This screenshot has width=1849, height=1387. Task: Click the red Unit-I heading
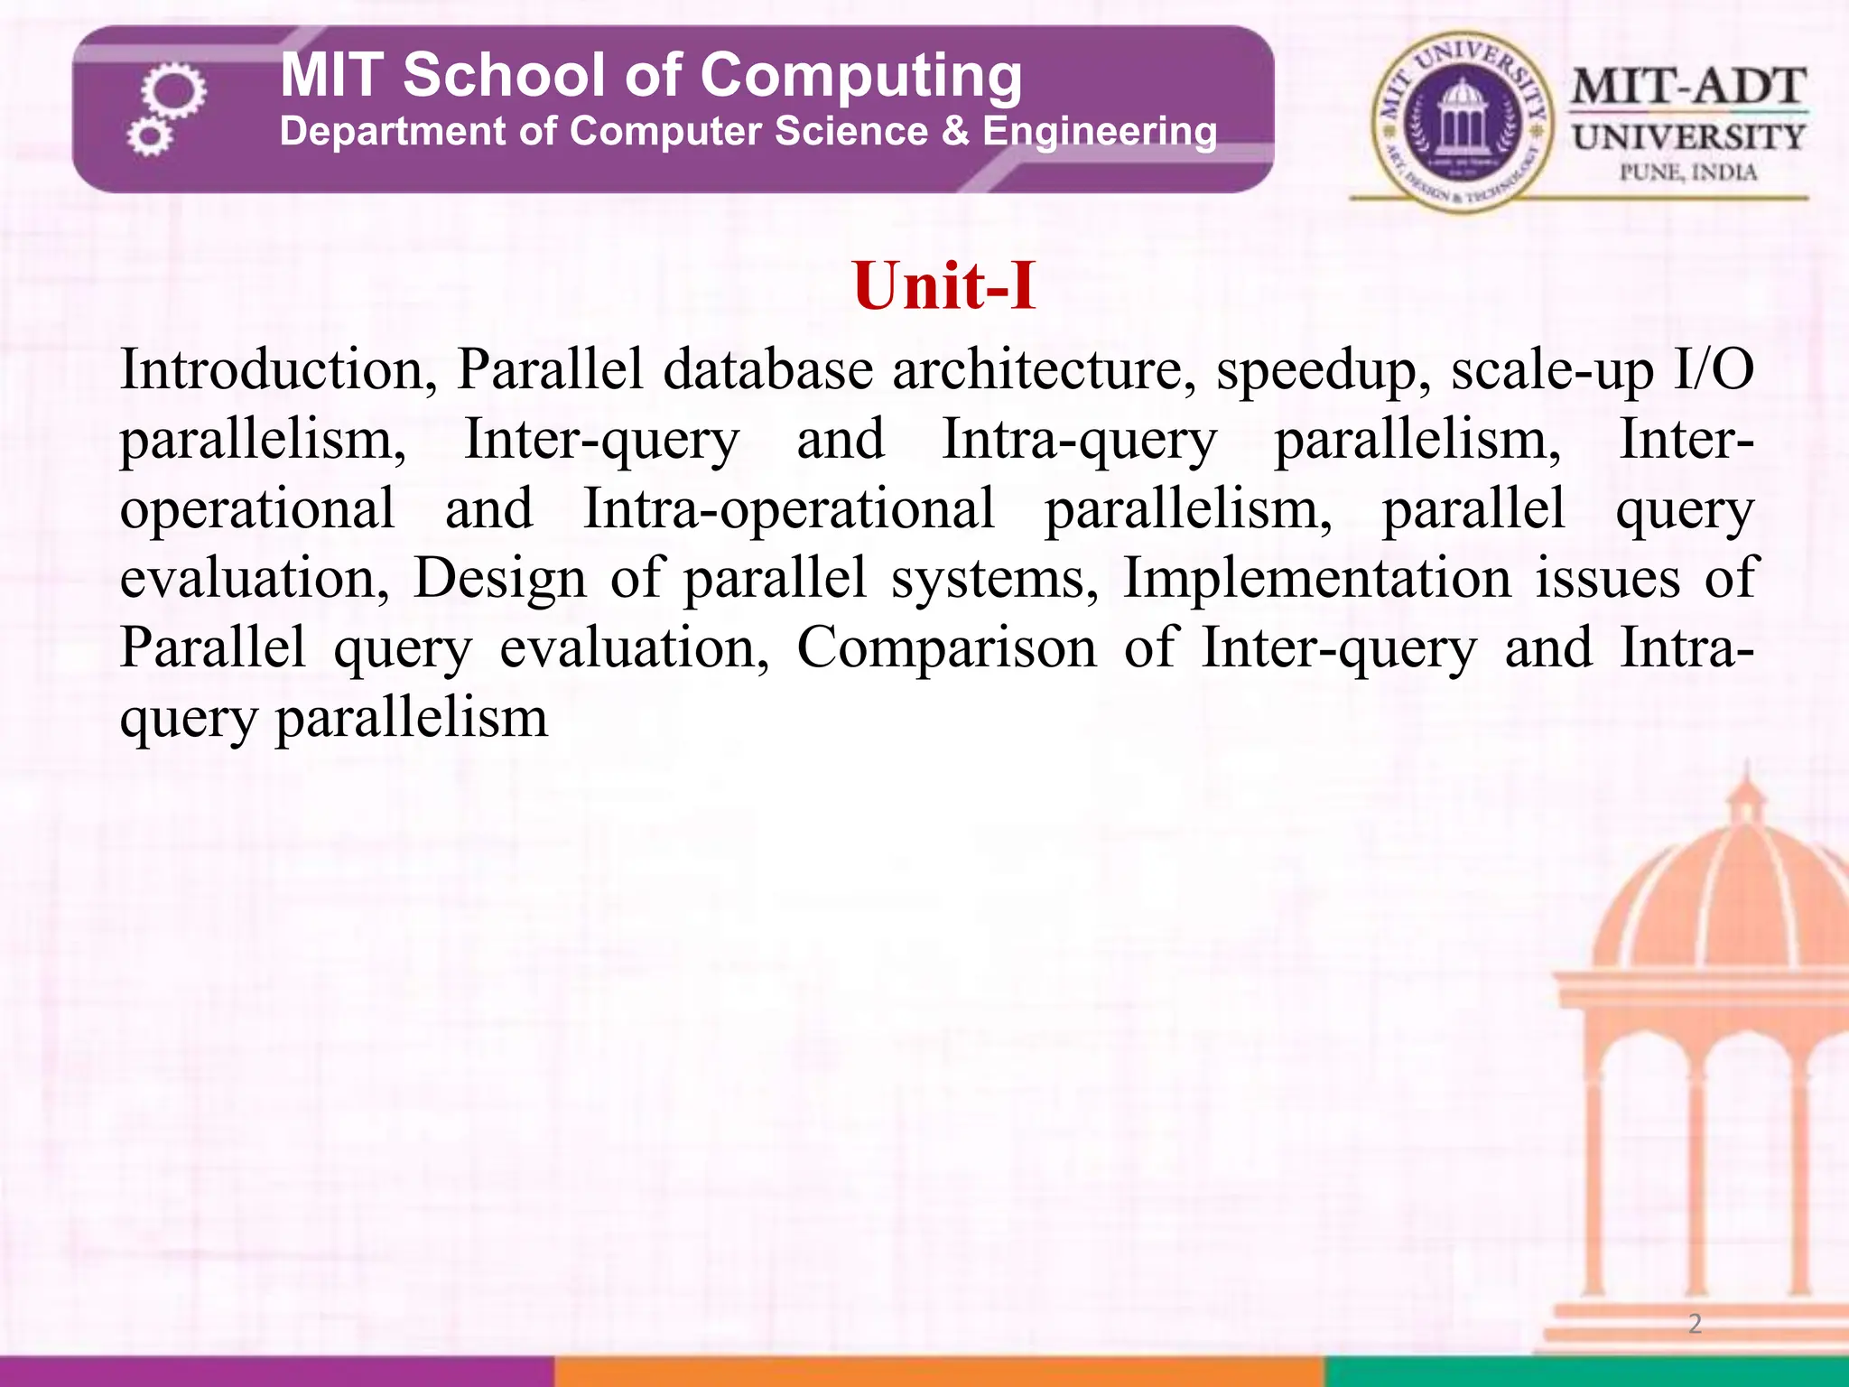click(x=943, y=286)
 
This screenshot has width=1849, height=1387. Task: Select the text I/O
click(x=1714, y=370)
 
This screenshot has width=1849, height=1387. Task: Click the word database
click(x=768, y=370)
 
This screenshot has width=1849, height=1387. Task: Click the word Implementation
click(x=1316, y=578)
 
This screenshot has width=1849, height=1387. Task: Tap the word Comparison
click(x=946, y=648)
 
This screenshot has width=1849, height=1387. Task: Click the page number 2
click(x=1695, y=1324)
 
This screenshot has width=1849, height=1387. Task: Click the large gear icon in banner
click(x=173, y=91)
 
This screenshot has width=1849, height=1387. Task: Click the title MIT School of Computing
click(x=651, y=75)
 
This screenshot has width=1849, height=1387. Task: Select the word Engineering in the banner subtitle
click(x=1099, y=132)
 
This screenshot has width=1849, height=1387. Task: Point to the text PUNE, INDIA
click(x=1687, y=172)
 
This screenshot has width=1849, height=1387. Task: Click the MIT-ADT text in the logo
click(x=1687, y=88)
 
